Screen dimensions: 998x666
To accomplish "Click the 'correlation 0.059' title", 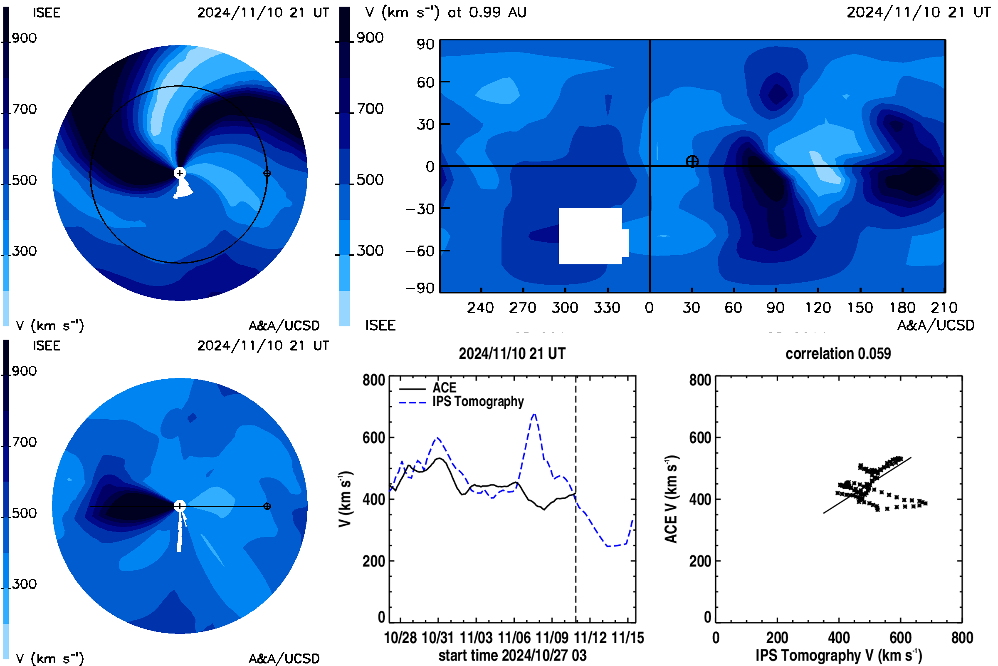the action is click(837, 354).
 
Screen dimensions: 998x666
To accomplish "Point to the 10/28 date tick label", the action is click(400, 638).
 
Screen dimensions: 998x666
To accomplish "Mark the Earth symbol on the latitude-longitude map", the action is click(692, 162).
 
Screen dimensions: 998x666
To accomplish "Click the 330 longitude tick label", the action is click(607, 308).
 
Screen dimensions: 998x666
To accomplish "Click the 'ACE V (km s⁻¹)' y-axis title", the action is click(671, 499).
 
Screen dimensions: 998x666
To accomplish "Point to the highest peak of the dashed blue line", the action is click(534, 414).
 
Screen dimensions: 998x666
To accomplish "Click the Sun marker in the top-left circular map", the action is click(180, 173).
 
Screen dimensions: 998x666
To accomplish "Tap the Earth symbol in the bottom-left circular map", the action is click(267, 506).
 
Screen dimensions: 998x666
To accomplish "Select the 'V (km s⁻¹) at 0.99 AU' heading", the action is click(445, 12).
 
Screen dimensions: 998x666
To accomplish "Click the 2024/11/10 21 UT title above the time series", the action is click(512, 354).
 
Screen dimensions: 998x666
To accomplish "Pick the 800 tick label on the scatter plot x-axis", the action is click(962, 638).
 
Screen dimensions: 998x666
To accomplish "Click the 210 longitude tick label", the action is click(944, 308).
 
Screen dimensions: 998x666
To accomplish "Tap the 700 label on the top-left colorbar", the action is click(24, 109).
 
